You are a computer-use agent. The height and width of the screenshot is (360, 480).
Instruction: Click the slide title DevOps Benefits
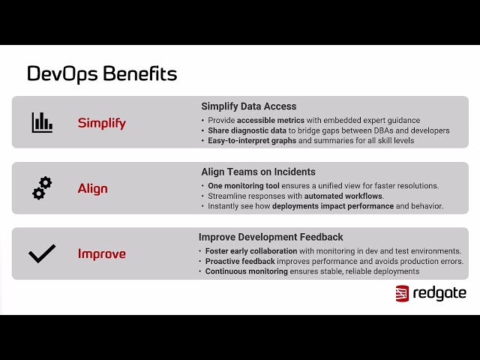click(102, 73)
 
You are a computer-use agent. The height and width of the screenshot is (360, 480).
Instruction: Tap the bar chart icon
click(42, 122)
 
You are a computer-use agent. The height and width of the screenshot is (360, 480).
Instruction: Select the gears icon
click(42, 188)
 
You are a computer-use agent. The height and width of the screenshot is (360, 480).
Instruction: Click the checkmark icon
click(42, 253)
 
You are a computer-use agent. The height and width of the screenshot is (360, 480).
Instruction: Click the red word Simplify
click(102, 123)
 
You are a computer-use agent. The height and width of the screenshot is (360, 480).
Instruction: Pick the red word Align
click(93, 188)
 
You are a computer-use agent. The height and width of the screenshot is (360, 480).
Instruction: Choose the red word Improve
click(102, 253)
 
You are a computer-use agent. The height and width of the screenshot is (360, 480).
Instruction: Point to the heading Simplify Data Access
click(248, 106)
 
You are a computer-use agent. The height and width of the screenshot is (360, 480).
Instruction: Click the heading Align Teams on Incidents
click(258, 172)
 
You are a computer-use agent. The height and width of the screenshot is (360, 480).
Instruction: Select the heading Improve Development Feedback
click(271, 237)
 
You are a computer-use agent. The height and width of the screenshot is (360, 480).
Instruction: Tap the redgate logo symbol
click(402, 293)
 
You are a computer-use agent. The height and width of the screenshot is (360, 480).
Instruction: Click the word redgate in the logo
click(439, 293)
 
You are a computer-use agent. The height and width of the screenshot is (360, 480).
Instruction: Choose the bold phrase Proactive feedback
click(241, 261)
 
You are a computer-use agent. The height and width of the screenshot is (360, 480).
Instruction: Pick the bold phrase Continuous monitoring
click(247, 271)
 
